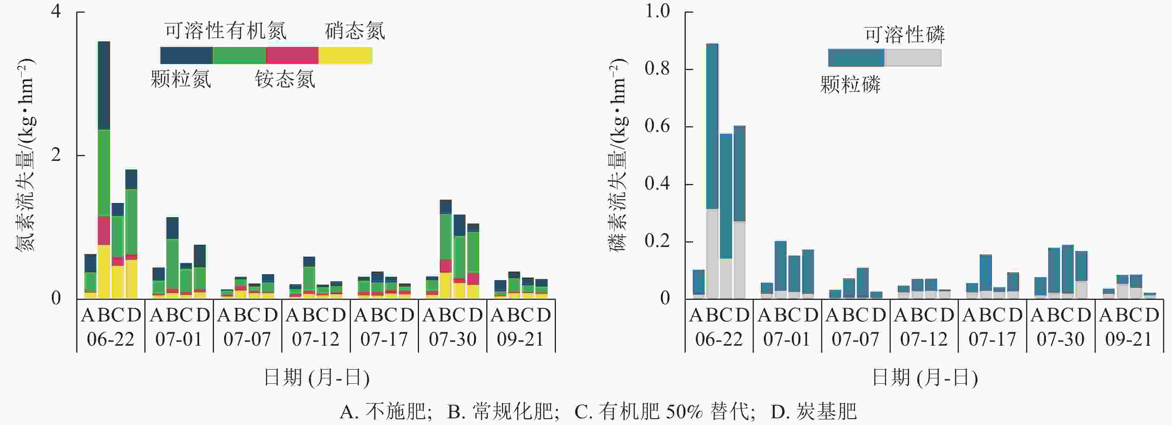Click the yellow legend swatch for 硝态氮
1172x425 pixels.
click(345, 55)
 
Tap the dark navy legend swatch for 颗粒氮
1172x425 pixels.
click(186, 55)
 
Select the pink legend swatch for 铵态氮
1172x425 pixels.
click(292, 55)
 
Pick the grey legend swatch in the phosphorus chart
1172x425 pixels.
click(913, 58)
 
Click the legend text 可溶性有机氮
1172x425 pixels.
click(225, 31)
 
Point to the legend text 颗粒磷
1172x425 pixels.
click(850, 85)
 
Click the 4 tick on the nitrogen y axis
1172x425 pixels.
click(56, 11)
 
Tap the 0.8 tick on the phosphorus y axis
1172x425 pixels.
click(657, 69)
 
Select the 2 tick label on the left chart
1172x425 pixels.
click(56, 155)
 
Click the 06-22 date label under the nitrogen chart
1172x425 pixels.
click(111, 339)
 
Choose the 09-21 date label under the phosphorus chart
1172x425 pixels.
click(1129, 339)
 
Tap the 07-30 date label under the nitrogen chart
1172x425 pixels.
click(452, 339)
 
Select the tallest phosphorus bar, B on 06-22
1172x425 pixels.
click(712, 171)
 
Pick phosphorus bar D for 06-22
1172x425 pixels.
click(739, 212)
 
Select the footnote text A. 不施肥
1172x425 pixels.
click(385, 412)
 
